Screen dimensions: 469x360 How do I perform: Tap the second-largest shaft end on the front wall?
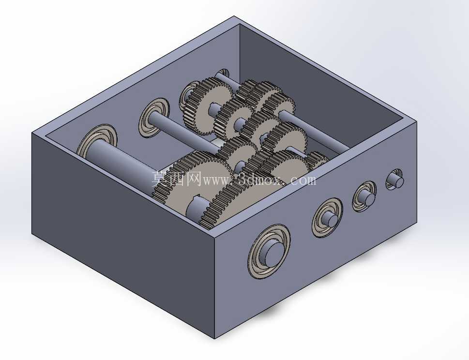pos(327,218)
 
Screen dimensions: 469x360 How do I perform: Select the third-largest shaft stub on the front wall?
pos(363,197)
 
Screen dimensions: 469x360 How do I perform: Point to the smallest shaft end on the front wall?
pos(395,180)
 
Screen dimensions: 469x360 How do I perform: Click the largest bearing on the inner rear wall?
pos(96,140)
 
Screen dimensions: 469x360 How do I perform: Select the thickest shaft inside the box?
pos(126,167)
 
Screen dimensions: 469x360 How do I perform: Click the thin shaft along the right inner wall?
pos(315,131)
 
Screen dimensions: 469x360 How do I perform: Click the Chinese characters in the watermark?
pos(177,179)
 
